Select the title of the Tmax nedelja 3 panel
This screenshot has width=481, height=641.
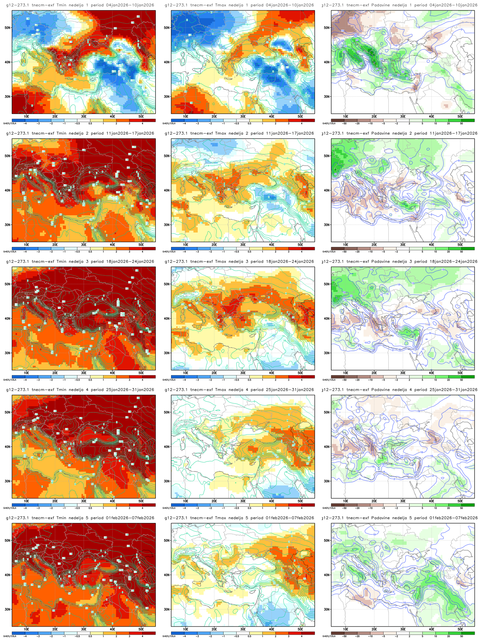[239, 261]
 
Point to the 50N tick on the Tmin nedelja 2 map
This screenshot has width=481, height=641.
[8, 156]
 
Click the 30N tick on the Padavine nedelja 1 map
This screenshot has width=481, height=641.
[327, 96]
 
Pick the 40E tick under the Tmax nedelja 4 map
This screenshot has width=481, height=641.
[271, 501]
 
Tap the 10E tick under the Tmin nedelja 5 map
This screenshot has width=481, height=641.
[26, 629]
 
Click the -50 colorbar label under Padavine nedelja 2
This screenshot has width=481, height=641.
[344, 252]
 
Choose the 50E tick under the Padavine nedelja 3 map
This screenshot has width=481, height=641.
[460, 373]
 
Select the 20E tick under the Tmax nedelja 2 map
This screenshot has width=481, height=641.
[214, 245]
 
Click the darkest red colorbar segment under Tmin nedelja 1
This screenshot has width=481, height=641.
[149, 120]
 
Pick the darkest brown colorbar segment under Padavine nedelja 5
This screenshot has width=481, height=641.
[338, 633]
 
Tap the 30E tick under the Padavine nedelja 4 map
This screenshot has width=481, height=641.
[403, 501]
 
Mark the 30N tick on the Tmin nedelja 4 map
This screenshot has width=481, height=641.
[8, 481]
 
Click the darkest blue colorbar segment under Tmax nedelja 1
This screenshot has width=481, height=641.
[178, 120]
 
